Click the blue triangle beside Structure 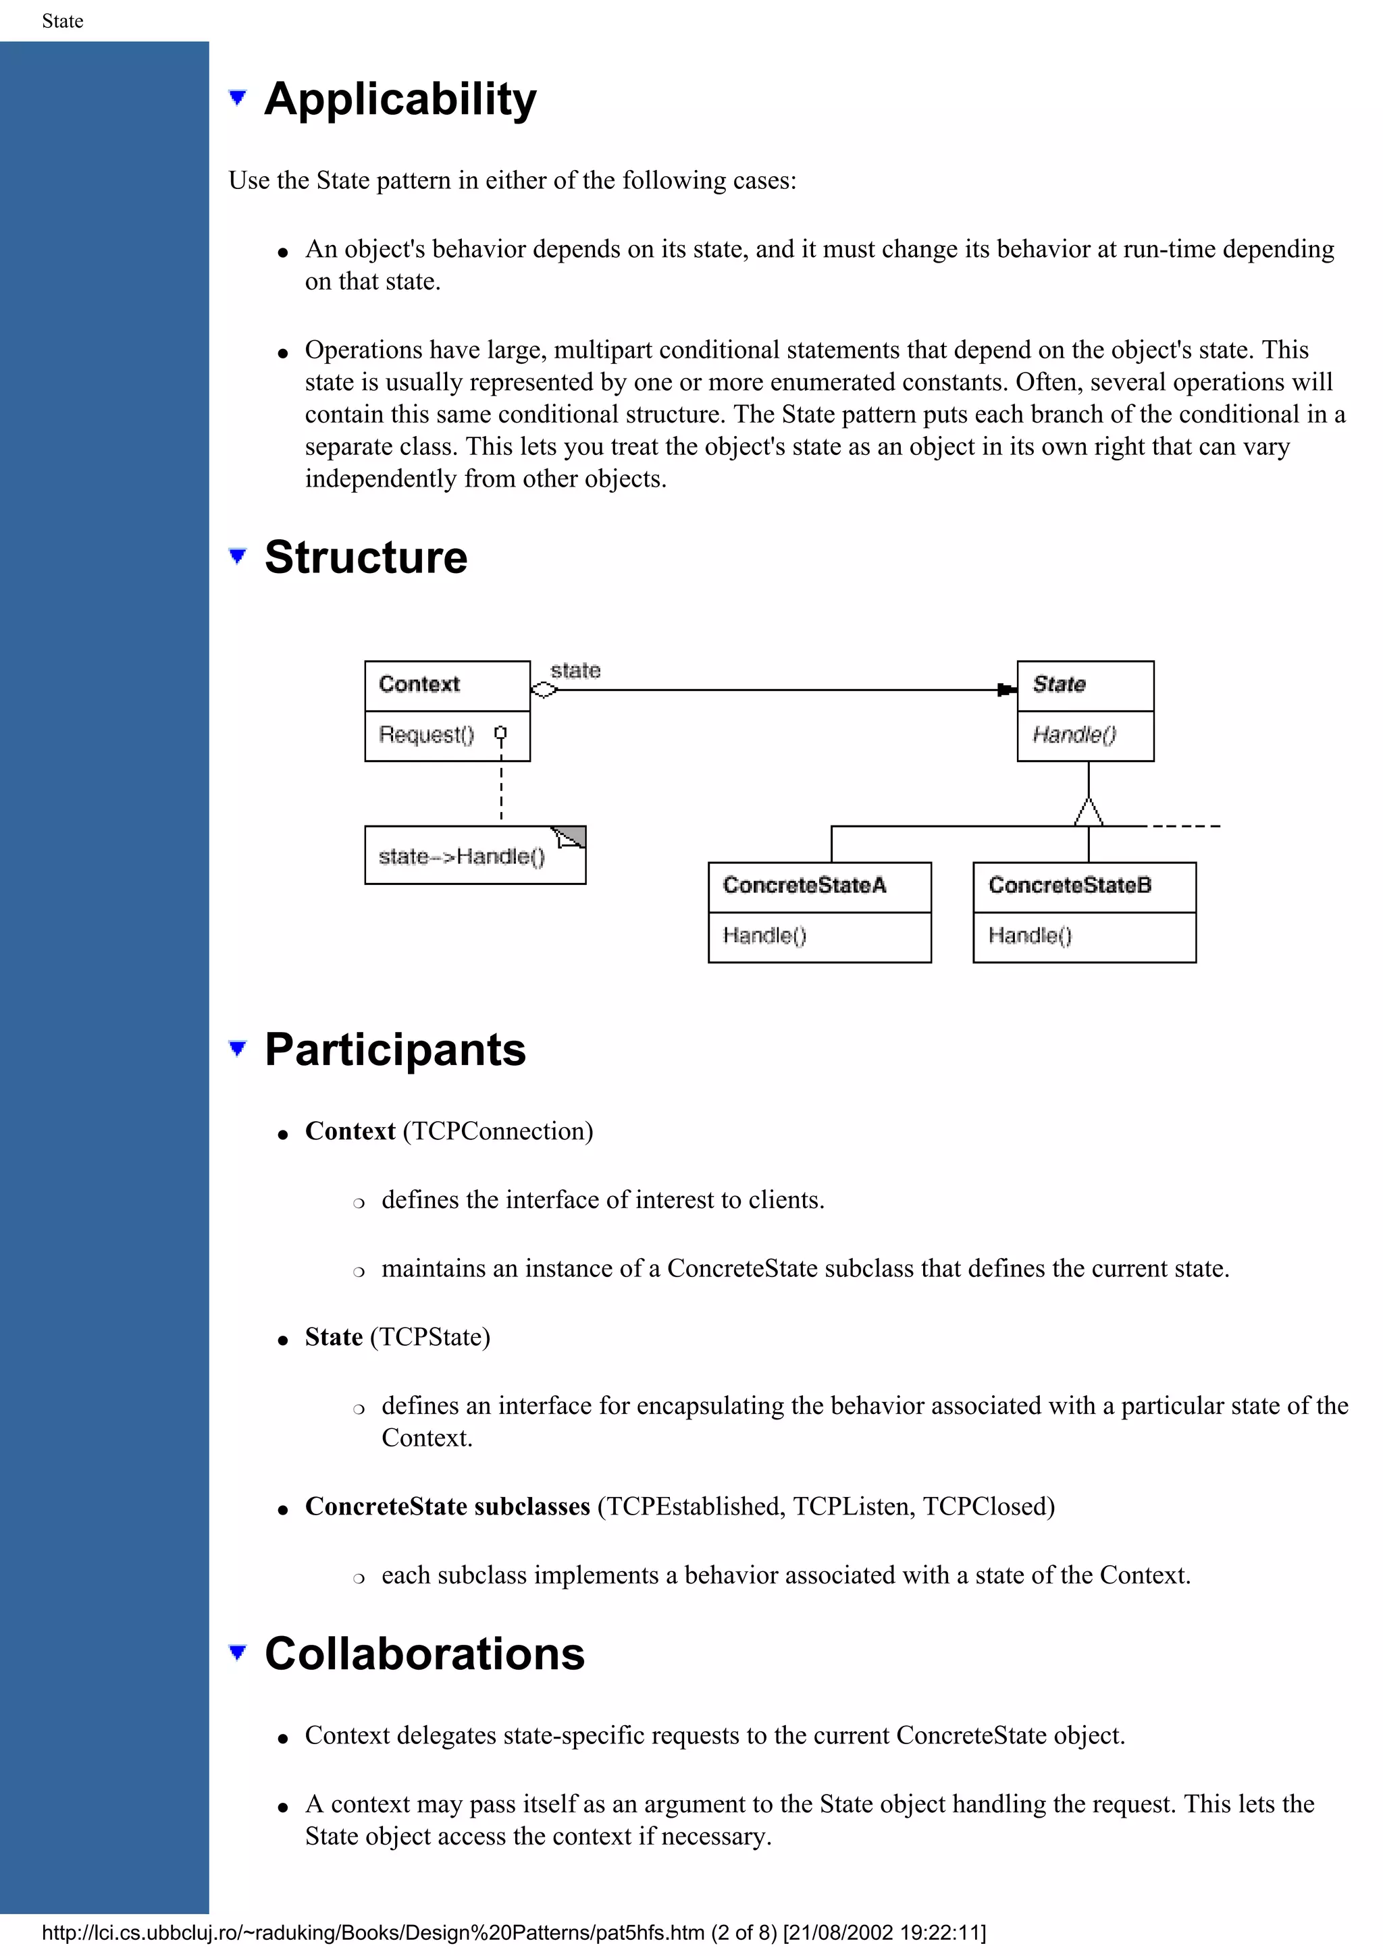tap(238, 556)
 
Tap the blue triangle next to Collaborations tap(238, 1653)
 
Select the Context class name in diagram tap(419, 684)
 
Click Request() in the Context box tap(426, 734)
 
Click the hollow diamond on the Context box tap(544, 690)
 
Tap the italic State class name tap(1058, 684)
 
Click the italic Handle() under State tap(1074, 734)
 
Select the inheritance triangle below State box tap(1088, 812)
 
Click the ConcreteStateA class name tap(804, 885)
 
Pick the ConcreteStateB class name tap(1070, 885)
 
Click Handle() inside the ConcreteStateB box tap(1029, 935)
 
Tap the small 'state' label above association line tap(575, 670)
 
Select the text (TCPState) tap(430, 1336)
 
